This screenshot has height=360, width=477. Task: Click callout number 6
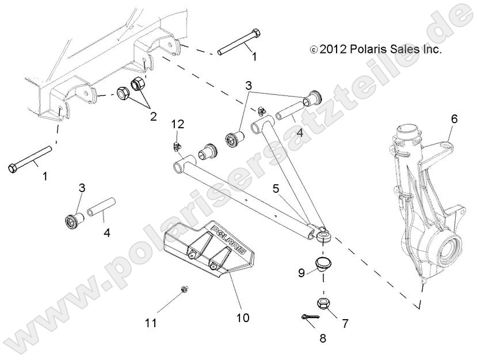(x=454, y=120)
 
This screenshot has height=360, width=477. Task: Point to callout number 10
(x=243, y=317)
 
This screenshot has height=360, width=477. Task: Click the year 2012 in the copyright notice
(x=331, y=50)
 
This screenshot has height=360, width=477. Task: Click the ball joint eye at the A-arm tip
(x=320, y=234)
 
